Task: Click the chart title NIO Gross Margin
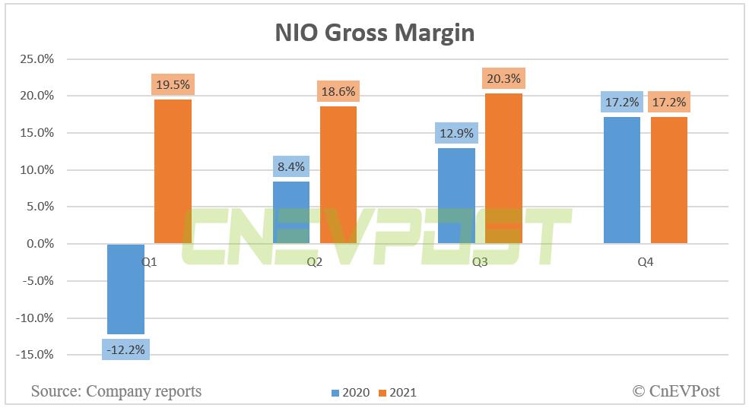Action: pyautogui.click(x=374, y=33)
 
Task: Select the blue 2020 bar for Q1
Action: pyautogui.click(x=125, y=289)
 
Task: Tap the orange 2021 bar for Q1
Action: pyautogui.click(x=173, y=171)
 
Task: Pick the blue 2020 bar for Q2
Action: pyautogui.click(x=291, y=213)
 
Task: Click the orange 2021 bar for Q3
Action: pyautogui.click(x=503, y=168)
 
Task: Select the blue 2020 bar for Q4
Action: pyautogui.click(x=622, y=180)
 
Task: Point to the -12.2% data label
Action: pyautogui.click(x=125, y=349)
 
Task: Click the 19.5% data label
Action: pyautogui.click(x=173, y=85)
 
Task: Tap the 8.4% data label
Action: pyautogui.click(x=291, y=167)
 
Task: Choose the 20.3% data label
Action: pyautogui.click(x=503, y=79)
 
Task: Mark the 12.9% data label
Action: pyautogui.click(x=456, y=134)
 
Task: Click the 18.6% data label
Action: pyautogui.click(x=338, y=91)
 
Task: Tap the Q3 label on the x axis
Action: pyautogui.click(x=480, y=262)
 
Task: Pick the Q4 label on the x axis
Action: pyautogui.click(x=646, y=262)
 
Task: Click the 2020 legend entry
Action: pyautogui.click(x=351, y=393)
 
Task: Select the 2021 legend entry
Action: pyautogui.click(x=398, y=393)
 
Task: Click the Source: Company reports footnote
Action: pyautogui.click(x=116, y=391)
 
